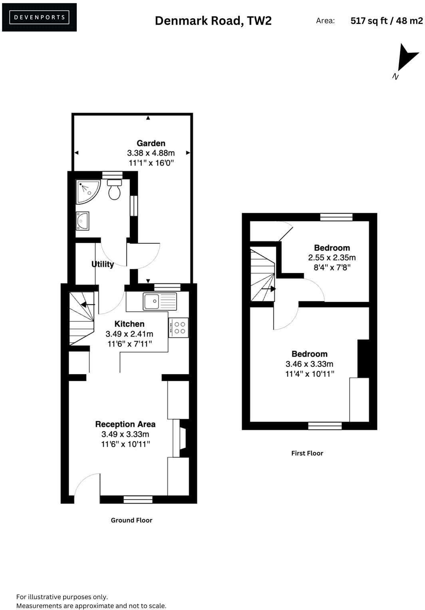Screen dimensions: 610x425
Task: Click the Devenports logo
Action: [39, 17]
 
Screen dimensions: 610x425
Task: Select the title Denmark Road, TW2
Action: [213, 21]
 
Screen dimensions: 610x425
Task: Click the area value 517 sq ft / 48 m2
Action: [386, 21]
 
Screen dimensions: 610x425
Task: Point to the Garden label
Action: [151, 143]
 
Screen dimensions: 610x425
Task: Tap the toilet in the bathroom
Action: [114, 190]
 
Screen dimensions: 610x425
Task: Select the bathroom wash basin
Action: [83, 221]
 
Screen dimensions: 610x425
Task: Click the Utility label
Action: [103, 264]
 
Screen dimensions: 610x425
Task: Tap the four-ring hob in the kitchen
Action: [179, 328]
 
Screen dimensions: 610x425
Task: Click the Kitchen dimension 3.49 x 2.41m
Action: [129, 334]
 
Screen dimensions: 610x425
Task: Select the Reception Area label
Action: [125, 424]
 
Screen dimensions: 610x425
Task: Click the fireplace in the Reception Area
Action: [183, 438]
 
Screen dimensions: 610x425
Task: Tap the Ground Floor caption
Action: [131, 520]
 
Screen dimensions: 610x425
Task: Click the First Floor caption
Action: [307, 453]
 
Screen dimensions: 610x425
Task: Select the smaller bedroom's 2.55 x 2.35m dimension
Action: [332, 258]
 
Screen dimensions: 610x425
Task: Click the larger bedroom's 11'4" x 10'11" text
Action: [310, 374]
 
